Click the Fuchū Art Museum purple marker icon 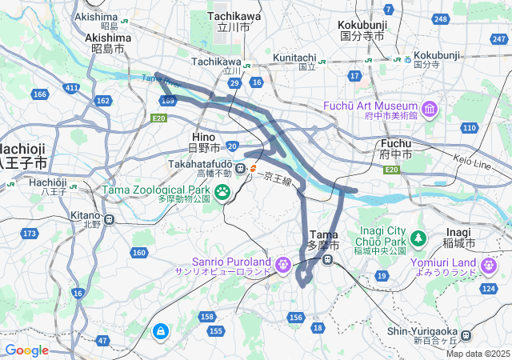[x=430, y=107]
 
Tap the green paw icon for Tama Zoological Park [x=222, y=192]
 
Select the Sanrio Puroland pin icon [x=282, y=264]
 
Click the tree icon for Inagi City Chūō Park [x=418, y=238]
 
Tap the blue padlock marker [x=161, y=330]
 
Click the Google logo [x=26, y=350]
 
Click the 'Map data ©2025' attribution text [x=478, y=354]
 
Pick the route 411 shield [x=72, y=87]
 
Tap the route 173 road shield [x=30, y=234]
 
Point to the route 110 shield [x=470, y=127]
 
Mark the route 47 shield [x=102, y=341]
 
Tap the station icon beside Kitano [x=109, y=218]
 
